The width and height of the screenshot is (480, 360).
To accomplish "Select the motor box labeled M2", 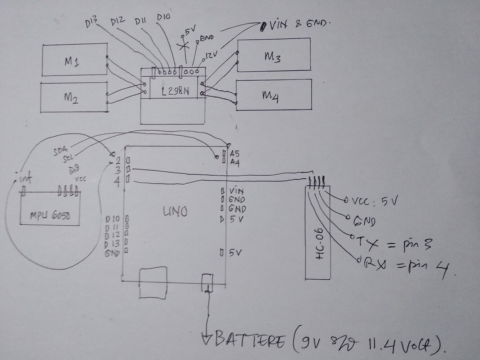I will (x=74, y=97).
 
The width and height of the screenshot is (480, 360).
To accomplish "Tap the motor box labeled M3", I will (x=273, y=55).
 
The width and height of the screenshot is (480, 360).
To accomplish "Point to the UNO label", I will (x=175, y=212).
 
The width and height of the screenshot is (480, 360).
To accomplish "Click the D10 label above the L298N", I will (x=164, y=17).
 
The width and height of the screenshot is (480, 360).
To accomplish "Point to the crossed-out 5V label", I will (x=188, y=32).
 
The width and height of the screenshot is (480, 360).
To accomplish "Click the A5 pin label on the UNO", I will (x=235, y=153).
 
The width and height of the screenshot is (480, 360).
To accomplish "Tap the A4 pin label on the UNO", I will (x=235, y=162).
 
